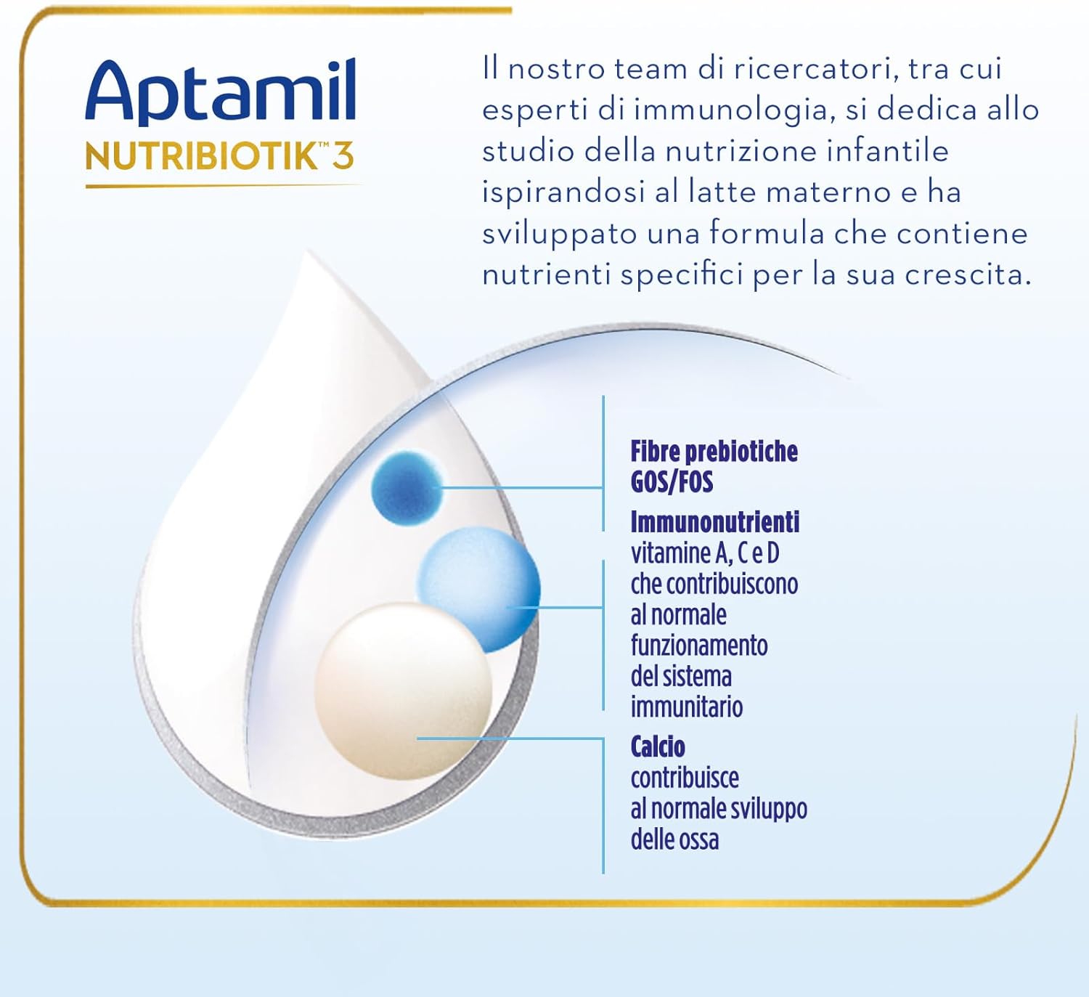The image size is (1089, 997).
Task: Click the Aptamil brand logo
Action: (x=221, y=92)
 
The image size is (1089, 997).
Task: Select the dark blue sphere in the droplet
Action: (x=407, y=488)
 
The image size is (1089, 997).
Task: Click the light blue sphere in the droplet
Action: (x=479, y=589)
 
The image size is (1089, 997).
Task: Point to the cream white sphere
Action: (x=404, y=691)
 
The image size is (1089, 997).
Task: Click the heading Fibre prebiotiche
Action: (x=714, y=451)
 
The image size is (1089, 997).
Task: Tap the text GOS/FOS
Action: (x=672, y=481)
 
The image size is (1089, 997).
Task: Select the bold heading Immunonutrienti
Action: (x=715, y=522)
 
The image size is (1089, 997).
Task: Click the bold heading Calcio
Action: (x=658, y=746)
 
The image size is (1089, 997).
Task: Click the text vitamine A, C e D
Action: (x=705, y=553)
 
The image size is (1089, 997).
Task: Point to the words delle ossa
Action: (x=674, y=839)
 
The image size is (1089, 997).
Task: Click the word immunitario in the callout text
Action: (x=686, y=707)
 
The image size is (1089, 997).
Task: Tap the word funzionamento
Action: (x=698, y=646)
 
